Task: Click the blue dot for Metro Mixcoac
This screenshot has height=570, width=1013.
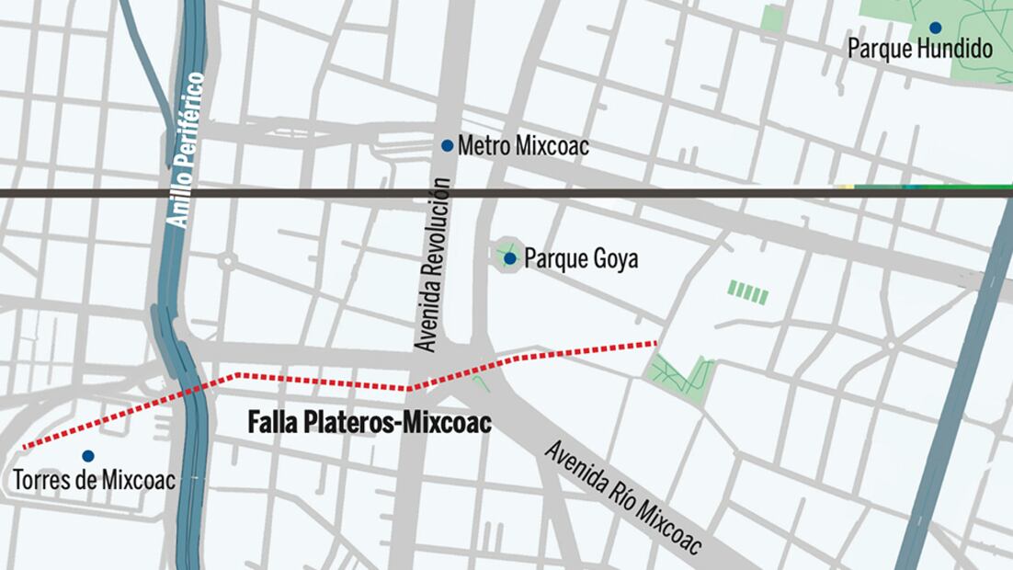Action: (447, 145)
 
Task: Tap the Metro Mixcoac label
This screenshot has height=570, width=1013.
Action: (522, 145)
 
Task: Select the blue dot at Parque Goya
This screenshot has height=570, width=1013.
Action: (509, 258)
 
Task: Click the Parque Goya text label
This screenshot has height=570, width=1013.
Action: (581, 259)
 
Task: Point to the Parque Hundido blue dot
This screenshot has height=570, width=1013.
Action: (935, 28)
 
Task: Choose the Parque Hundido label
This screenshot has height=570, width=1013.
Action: (920, 49)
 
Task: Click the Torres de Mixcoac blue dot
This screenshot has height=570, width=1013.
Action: (87, 455)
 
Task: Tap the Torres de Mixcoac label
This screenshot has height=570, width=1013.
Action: (94, 479)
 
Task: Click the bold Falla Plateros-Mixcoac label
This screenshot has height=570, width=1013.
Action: (370, 423)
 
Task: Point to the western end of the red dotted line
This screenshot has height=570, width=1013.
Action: (25, 448)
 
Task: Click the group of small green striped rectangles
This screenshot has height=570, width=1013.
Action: (747, 292)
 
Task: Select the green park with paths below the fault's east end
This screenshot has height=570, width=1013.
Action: (681, 375)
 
